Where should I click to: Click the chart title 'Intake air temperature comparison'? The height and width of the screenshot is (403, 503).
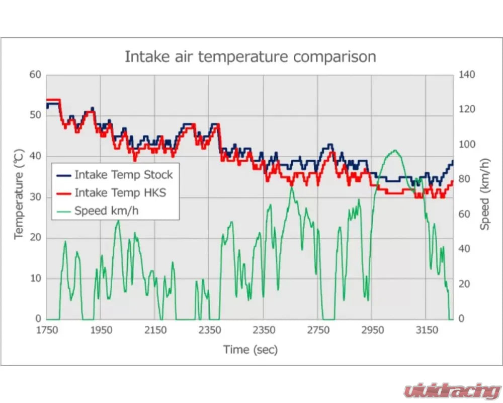250,56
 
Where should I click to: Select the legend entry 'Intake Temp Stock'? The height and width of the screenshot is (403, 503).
123,175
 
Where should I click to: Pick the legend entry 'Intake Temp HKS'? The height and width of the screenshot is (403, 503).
120,192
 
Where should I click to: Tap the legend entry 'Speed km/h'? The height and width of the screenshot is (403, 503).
106,211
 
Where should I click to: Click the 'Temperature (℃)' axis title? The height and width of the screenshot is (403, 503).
19,193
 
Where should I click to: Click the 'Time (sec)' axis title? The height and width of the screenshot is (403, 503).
250,349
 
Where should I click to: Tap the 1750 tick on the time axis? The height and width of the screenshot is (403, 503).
47,331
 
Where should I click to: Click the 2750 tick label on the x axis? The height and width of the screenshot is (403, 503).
318,331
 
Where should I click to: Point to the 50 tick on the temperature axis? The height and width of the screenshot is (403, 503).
35,115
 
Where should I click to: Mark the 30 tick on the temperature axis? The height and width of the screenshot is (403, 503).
35,197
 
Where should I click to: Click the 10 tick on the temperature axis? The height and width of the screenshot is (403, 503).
35,279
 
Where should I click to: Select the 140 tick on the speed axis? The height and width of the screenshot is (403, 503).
466,75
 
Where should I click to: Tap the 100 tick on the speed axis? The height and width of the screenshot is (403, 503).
466,145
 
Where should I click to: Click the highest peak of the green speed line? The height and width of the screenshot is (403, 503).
394,150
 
